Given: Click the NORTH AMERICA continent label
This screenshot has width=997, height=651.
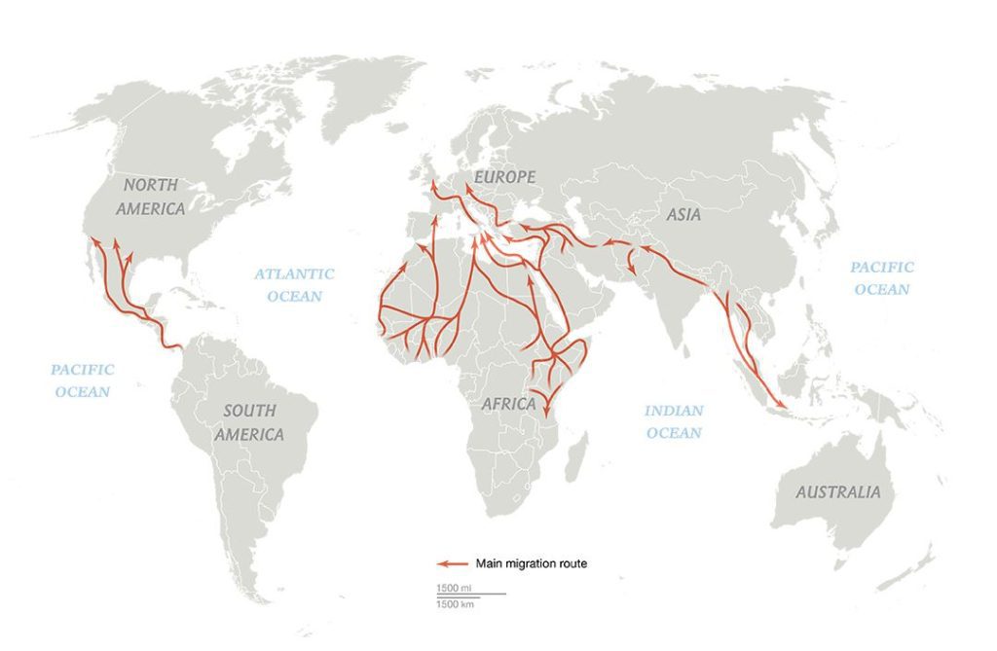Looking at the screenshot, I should pos(150,196).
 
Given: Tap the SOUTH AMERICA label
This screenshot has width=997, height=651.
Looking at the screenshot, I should pos(249,422).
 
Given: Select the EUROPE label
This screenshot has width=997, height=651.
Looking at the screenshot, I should pos(504,177).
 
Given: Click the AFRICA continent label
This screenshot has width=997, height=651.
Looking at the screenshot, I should pos(508,403).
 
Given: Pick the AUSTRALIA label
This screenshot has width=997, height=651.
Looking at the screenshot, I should pos(837,492).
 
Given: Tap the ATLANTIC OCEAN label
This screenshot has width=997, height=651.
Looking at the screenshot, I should pos(294,284).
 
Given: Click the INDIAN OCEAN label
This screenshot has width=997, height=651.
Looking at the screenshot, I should pos(674,421).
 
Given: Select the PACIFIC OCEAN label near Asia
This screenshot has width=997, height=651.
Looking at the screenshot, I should pos(882,277).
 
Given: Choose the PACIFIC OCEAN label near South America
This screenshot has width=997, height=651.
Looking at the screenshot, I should pos(83,380).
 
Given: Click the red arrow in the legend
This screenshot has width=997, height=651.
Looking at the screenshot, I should pos(450,562).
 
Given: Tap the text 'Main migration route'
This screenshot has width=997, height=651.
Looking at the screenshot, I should pos(532,562).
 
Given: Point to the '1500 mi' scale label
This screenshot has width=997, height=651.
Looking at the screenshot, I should pos(455,588).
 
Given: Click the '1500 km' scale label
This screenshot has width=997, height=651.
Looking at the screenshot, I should pos(455,604).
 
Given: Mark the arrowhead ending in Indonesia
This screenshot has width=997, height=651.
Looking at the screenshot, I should pos(780,403).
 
